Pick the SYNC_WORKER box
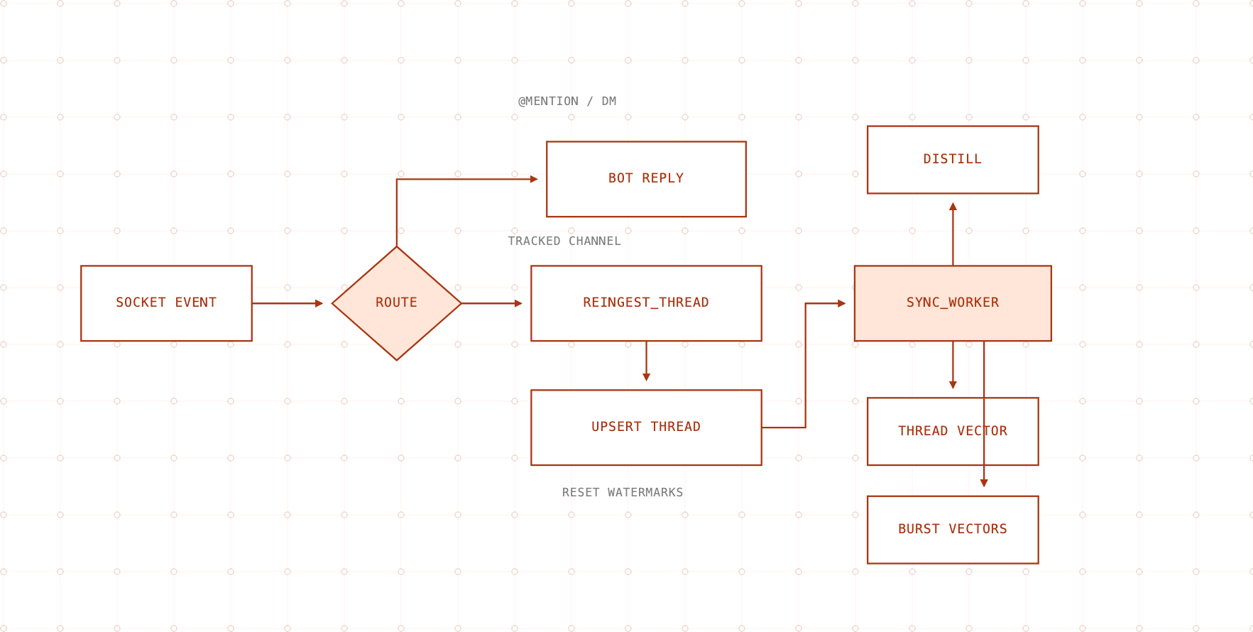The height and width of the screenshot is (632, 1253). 953,303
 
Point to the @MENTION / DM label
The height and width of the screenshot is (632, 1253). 567,101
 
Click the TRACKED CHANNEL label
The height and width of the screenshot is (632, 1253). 564,241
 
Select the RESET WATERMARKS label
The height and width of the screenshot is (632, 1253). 623,492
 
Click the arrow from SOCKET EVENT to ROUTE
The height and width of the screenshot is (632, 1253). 288,303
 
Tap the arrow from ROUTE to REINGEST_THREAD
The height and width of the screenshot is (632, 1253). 492,303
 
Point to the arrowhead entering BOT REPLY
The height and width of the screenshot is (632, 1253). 534,179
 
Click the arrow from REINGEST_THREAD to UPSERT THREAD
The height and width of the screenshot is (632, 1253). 646,361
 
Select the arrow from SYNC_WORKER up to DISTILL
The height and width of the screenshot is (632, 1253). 953,234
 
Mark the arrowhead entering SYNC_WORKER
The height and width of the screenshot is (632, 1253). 842,303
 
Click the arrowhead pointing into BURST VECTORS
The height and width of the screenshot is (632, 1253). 984,483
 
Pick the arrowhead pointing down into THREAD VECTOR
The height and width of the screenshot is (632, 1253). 953,385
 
